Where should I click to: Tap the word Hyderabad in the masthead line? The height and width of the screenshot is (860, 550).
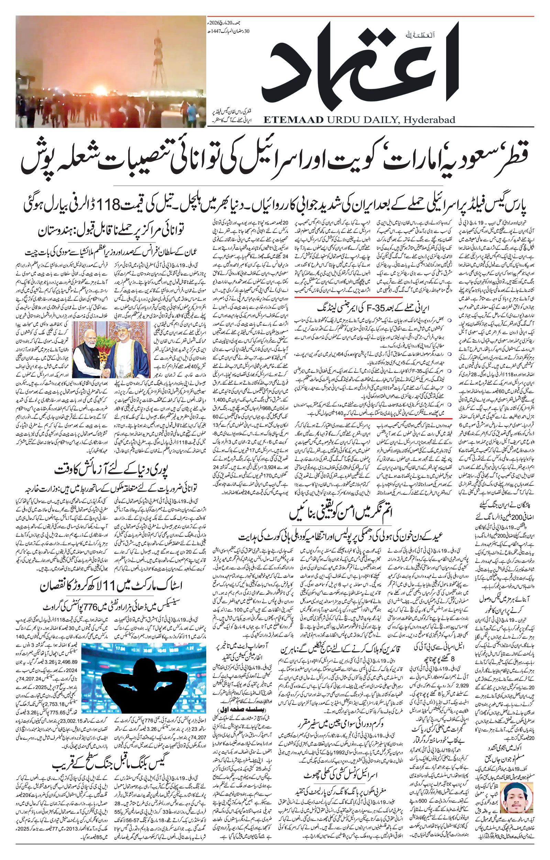point(429,120)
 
